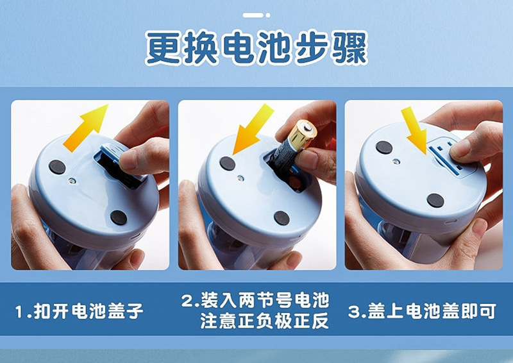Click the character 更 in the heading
[164, 48]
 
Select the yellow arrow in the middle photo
[251, 130]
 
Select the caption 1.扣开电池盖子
[79, 312]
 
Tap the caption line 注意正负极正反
[264, 321]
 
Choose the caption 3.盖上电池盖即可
[422, 312]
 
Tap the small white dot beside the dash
[267, 14]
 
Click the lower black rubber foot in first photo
[119, 217]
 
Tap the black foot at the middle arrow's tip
[228, 164]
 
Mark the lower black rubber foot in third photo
[435, 201]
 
